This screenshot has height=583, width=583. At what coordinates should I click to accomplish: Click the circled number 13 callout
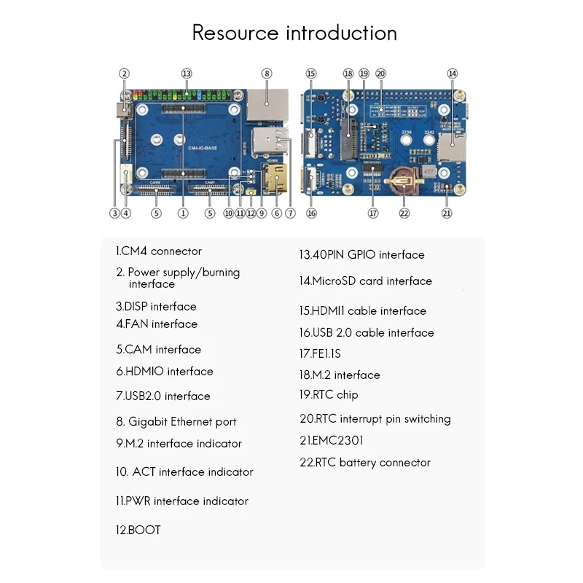pyautogui.click(x=187, y=74)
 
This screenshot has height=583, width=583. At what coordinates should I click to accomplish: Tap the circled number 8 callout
pyautogui.click(x=267, y=74)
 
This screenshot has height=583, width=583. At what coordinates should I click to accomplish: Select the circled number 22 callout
pyautogui.click(x=404, y=213)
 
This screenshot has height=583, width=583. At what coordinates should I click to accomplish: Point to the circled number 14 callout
pyautogui.click(x=453, y=74)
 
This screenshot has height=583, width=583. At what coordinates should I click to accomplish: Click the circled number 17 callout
pyautogui.click(x=374, y=213)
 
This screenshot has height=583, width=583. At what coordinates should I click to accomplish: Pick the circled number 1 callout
pyautogui.click(x=183, y=213)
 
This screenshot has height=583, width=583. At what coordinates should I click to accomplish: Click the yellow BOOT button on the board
pyautogui.click(x=251, y=193)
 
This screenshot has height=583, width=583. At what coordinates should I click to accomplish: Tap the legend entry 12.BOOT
pyautogui.click(x=138, y=530)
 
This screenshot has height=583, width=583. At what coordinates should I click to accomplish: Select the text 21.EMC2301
pyautogui.click(x=332, y=440)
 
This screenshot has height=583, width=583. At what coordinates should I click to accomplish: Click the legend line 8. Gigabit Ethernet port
pyautogui.click(x=176, y=421)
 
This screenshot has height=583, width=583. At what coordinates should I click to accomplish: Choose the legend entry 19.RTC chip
pyautogui.click(x=329, y=395)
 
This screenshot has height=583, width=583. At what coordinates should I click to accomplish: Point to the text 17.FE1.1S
pyautogui.click(x=320, y=353)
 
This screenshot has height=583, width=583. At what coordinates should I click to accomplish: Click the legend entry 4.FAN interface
pyautogui.click(x=156, y=324)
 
